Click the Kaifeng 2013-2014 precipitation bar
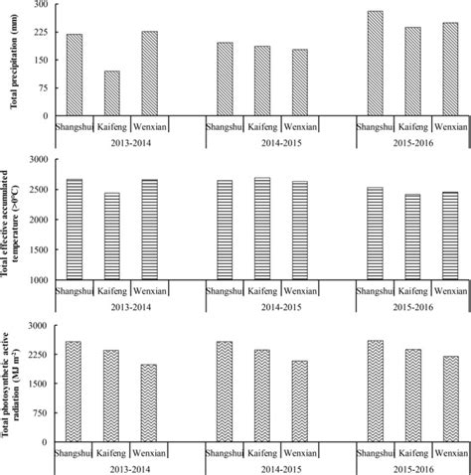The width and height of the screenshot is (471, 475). coord(112,93)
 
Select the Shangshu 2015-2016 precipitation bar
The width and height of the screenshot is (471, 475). coord(375,64)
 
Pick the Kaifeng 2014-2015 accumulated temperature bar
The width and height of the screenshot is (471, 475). coord(262,229)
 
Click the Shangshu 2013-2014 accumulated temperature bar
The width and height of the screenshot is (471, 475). coord(75,230)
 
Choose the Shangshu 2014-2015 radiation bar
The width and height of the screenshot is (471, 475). coord(225,392)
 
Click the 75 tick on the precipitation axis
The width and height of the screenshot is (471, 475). coord(43,87)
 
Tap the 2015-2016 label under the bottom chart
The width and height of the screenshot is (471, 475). coord(412,467)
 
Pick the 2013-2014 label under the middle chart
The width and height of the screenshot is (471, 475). coord(112,307)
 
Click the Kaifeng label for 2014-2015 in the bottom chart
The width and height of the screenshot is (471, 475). coord(262,452)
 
